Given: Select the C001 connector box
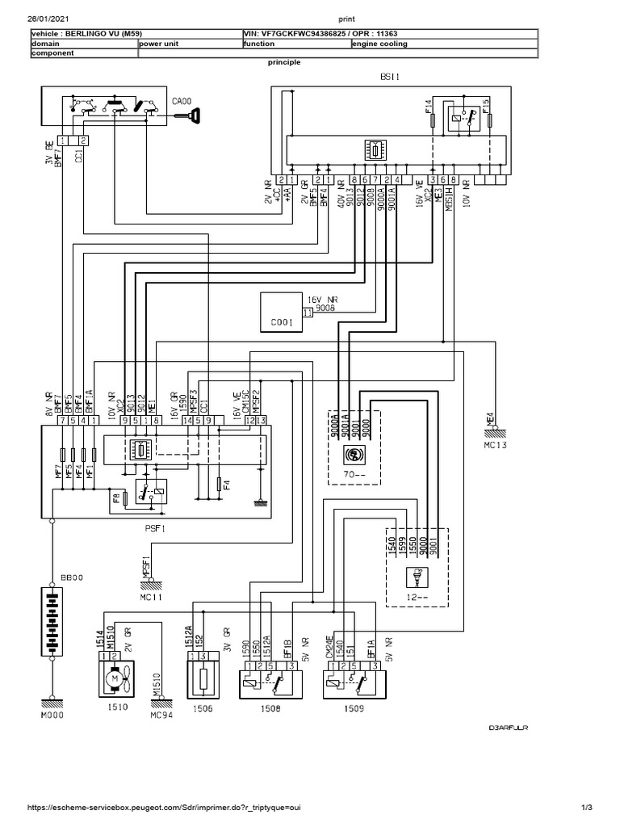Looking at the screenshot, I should (281, 313).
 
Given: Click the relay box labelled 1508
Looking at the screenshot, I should (270, 682).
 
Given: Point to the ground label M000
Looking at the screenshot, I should (52, 715).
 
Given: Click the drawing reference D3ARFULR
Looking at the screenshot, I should (507, 728).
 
